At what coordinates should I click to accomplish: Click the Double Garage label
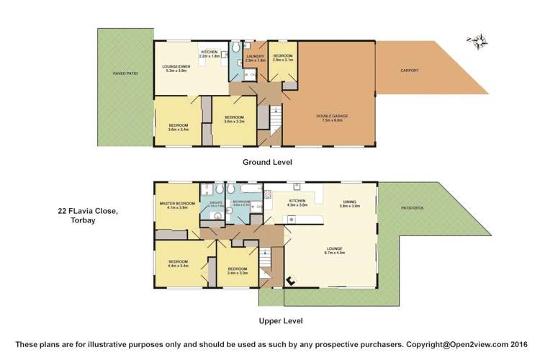328,117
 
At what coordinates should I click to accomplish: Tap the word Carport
410,71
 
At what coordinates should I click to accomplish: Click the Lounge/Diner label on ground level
176,68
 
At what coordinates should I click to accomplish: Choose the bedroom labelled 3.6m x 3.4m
178,127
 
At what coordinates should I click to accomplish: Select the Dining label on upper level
349,204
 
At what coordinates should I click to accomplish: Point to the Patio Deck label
413,209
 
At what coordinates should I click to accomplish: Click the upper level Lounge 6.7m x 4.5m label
335,250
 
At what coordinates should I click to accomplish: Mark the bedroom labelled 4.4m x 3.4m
178,263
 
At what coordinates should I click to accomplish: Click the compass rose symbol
476,41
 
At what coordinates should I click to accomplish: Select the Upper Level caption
280,321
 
